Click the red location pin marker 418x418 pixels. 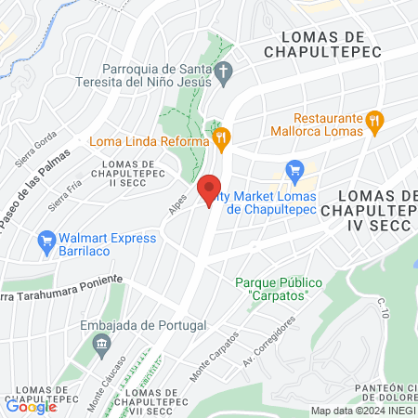tap(211, 189)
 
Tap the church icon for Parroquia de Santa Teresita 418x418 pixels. tap(223, 72)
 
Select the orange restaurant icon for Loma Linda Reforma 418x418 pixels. tap(220, 141)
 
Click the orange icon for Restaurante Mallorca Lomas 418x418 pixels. tap(374, 119)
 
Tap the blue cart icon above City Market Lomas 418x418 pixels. tap(295, 170)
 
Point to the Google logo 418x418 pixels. tap(32, 406)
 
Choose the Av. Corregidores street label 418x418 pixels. tap(269, 340)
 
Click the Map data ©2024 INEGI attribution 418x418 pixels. tap(362, 410)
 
